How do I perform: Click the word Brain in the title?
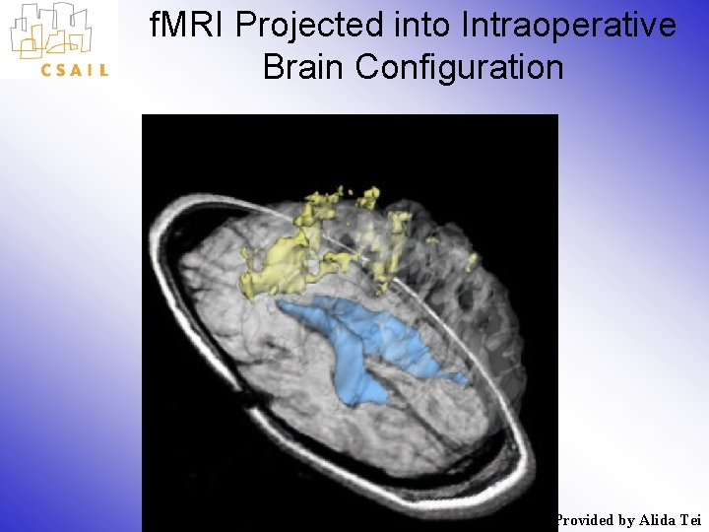(304, 67)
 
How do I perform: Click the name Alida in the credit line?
(657, 520)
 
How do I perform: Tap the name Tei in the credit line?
(691, 520)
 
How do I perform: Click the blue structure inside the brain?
(364, 345)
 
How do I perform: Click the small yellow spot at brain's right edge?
(471, 261)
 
